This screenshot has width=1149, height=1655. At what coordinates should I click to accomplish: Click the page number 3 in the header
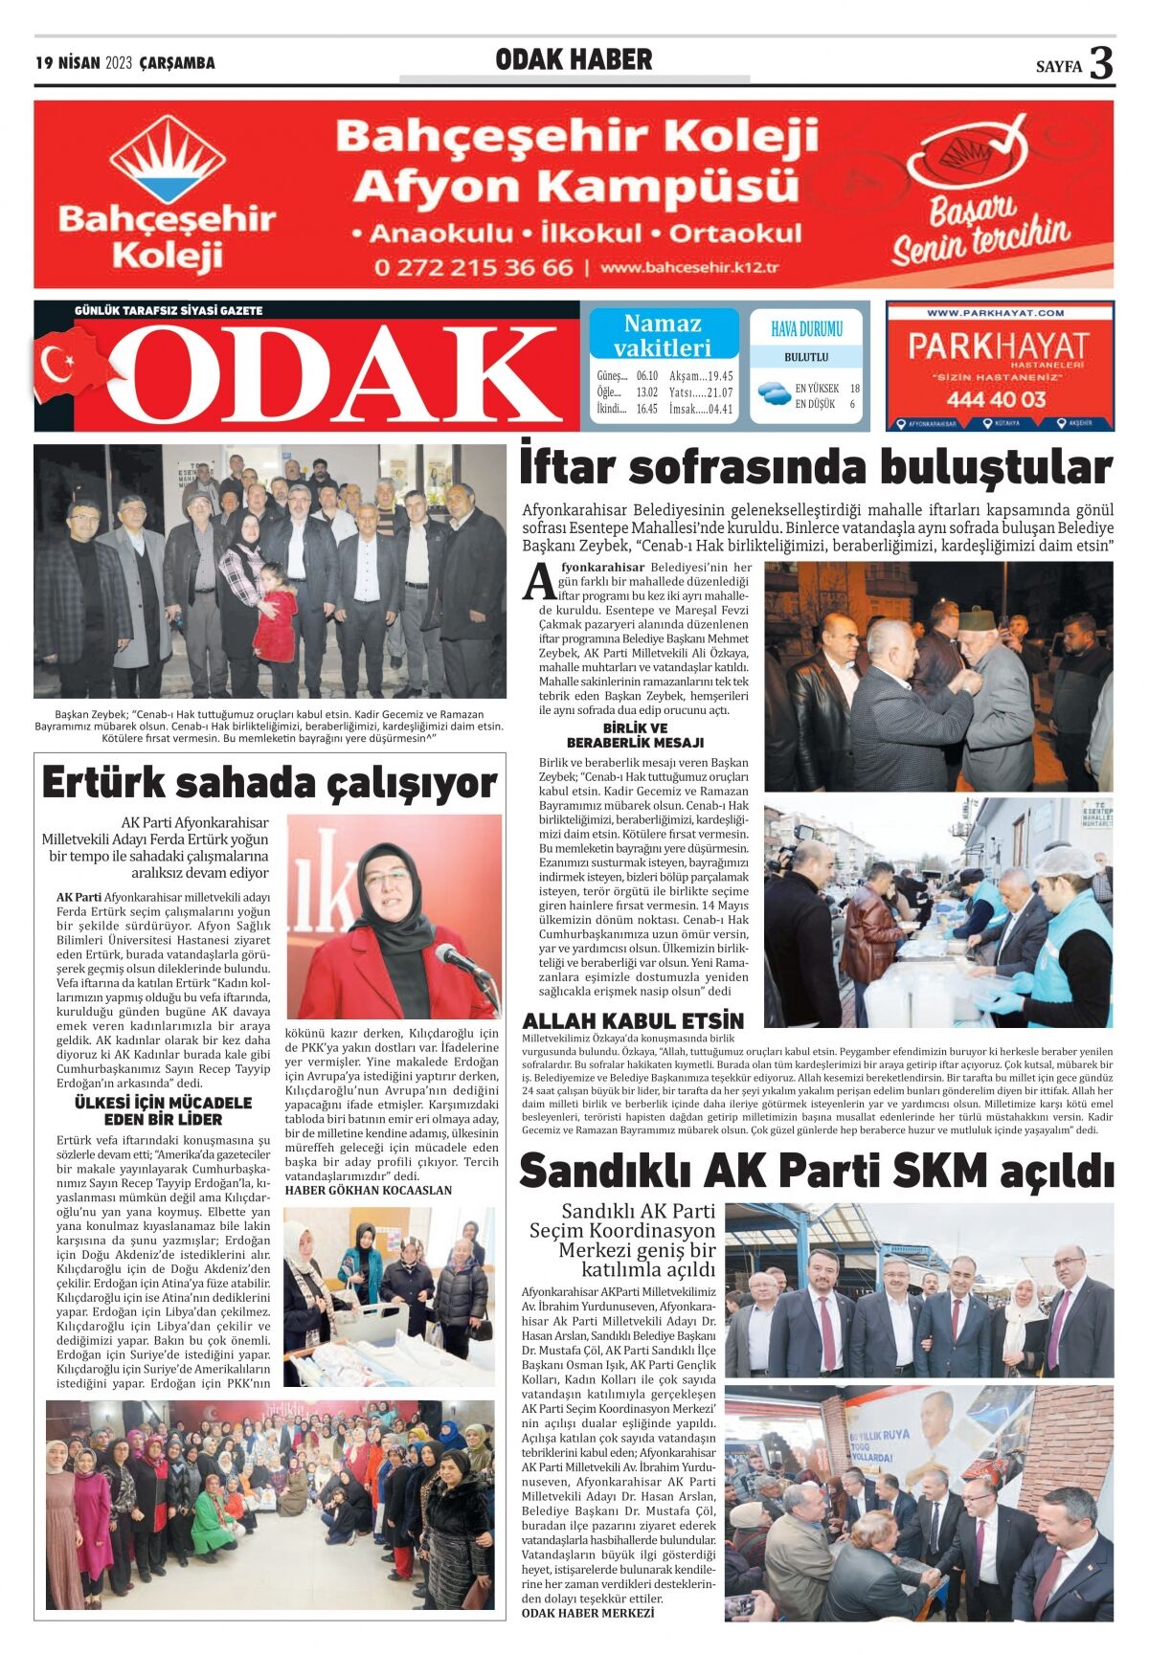[1101, 63]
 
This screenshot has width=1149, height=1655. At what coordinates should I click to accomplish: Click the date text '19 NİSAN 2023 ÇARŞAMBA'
[125, 63]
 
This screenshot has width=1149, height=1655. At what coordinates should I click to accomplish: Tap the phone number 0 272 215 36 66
[473, 267]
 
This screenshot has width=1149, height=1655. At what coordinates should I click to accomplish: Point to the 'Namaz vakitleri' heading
[663, 335]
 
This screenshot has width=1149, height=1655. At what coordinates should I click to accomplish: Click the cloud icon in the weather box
[773, 391]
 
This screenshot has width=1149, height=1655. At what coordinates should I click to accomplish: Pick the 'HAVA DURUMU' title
[806, 329]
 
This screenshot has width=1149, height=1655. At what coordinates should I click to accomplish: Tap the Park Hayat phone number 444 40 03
[999, 399]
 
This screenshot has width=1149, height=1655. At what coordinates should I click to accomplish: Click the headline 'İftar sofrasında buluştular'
[816, 468]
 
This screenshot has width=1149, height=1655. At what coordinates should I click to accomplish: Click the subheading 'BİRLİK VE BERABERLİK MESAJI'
[635, 735]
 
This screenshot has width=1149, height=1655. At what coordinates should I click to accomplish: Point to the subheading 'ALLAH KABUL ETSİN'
[633, 1020]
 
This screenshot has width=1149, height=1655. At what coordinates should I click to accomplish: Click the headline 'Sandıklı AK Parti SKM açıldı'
[816, 1171]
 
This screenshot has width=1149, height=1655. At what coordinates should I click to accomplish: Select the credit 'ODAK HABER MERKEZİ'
[588, 1613]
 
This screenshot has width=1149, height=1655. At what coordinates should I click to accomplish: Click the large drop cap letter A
[539, 583]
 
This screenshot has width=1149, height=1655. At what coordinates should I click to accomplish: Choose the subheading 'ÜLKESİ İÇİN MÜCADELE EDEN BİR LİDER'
[163, 1110]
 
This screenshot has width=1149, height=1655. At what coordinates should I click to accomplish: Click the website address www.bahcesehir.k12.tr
[689, 268]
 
